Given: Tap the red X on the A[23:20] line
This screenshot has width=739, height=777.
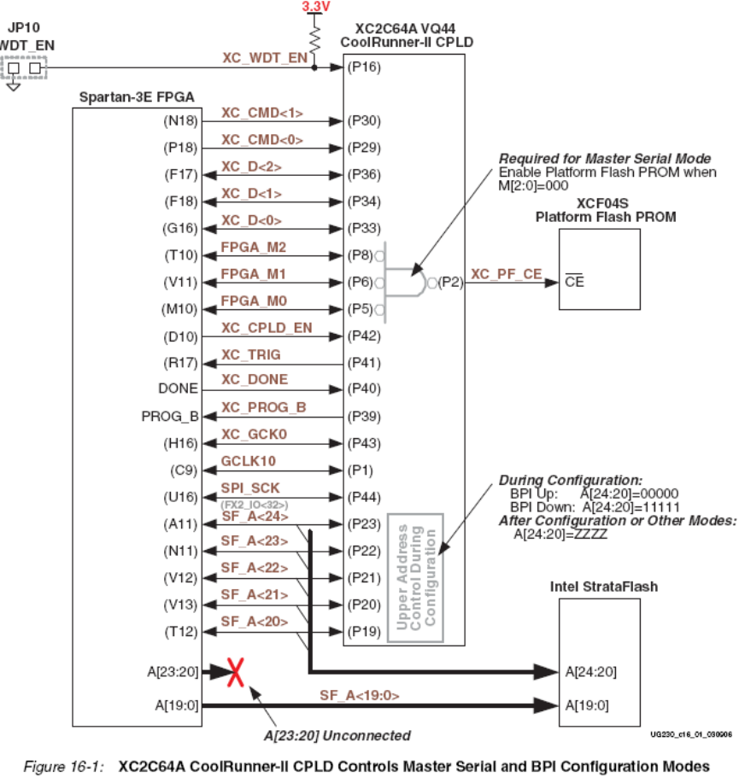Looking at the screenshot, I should tap(239, 672).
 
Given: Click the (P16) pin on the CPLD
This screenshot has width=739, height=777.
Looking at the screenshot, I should tap(361, 67).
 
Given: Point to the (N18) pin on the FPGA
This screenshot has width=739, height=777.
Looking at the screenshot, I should tap(180, 120).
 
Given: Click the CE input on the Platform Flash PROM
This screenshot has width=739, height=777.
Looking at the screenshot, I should tap(574, 282).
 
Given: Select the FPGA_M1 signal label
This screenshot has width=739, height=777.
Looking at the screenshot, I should tap(254, 274).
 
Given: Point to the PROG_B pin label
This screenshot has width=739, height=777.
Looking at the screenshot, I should tap(170, 416).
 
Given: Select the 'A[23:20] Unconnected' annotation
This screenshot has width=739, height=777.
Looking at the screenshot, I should tap(337, 735).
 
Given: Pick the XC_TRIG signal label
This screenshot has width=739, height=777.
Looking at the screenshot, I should tap(250, 353).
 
